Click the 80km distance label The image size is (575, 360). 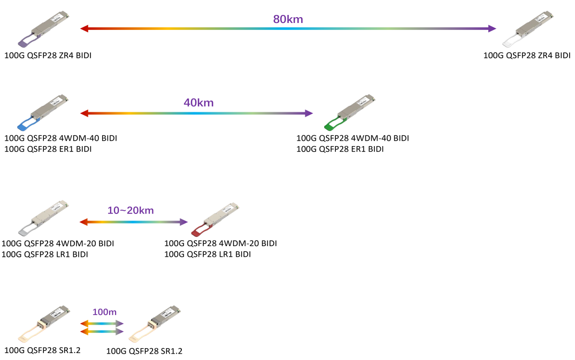tap(288, 19)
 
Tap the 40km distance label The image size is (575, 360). tap(198, 103)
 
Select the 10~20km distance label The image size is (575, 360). tap(131, 210)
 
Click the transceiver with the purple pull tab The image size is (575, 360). tap(45, 28)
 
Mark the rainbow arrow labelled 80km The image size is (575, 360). tap(288, 29)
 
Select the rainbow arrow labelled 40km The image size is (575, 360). tap(196, 113)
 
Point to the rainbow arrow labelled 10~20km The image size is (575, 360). tap(134, 222)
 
